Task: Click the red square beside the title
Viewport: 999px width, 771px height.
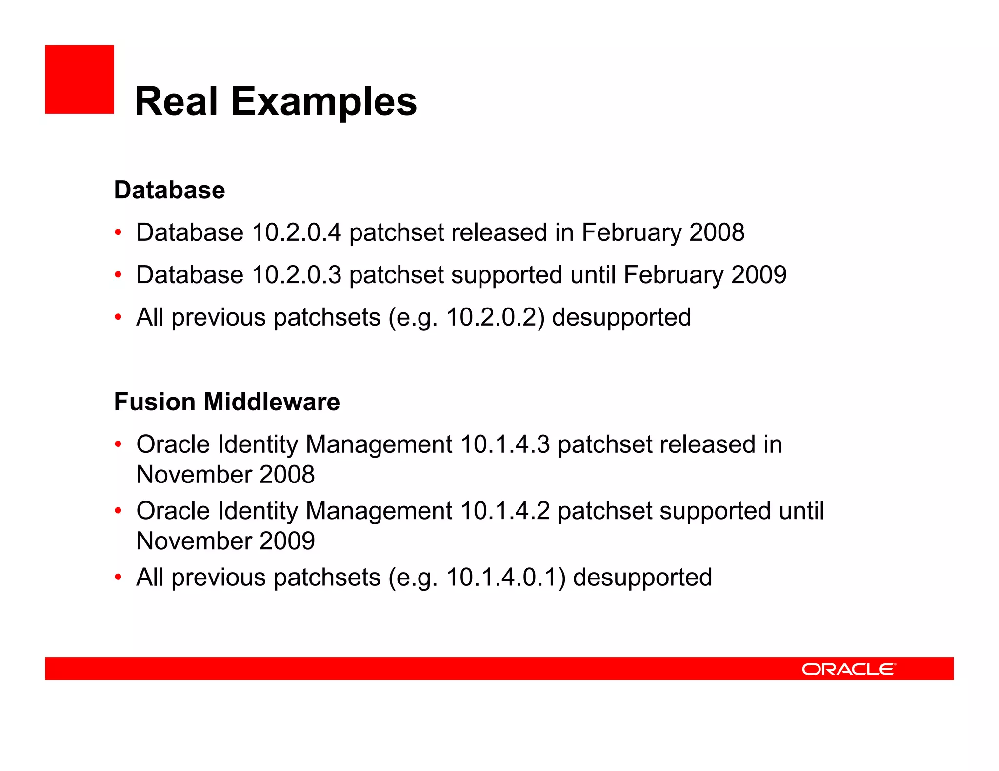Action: pyautogui.click(x=80, y=79)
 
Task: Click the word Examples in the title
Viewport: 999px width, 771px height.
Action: pyautogui.click(x=324, y=101)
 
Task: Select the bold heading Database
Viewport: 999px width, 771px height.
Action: pyautogui.click(x=169, y=190)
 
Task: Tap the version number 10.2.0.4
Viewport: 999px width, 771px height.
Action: pyautogui.click(x=296, y=232)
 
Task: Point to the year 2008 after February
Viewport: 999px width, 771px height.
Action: pyautogui.click(x=717, y=232)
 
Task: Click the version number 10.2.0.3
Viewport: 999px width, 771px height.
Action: pyautogui.click(x=296, y=275)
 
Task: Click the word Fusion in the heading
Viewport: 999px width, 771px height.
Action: pyautogui.click(x=155, y=402)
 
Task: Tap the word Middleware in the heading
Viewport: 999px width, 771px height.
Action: pyautogui.click(x=272, y=402)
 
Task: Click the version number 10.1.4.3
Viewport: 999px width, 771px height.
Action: pyautogui.click(x=505, y=444)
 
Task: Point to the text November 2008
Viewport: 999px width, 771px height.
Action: pyautogui.click(x=225, y=475)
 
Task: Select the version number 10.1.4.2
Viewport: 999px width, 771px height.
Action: pyautogui.click(x=505, y=511)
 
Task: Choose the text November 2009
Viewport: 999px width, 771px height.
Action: pyautogui.click(x=225, y=541)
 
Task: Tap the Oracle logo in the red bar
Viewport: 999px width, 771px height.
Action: pyautogui.click(x=848, y=669)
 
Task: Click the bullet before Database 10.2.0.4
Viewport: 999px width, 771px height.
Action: pyautogui.click(x=118, y=232)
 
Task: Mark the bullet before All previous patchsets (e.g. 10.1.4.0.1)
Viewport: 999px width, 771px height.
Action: pyautogui.click(x=118, y=578)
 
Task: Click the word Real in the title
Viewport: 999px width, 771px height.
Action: pyautogui.click(x=176, y=101)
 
